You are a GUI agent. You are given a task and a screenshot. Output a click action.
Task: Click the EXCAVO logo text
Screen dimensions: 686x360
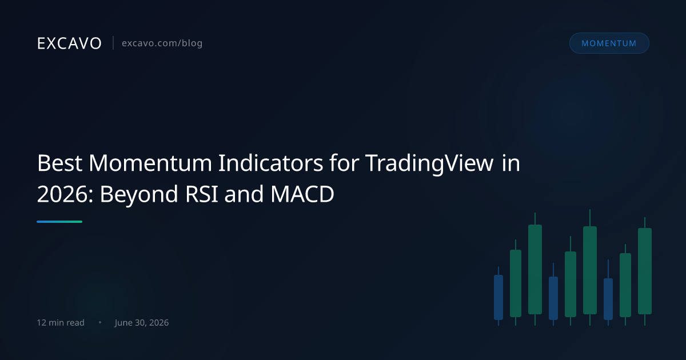tap(69, 43)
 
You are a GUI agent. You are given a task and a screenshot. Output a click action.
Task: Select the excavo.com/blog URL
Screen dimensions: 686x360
tap(162, 43)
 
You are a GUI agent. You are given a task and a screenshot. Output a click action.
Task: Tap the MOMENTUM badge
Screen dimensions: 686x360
tap(609, 43)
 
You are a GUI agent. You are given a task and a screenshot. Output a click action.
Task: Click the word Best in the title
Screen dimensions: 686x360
tap(59, 163)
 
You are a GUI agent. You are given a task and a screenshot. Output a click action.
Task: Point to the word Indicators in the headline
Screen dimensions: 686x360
tap(270, 163)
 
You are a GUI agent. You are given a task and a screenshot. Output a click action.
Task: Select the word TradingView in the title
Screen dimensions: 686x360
tap(429, 164)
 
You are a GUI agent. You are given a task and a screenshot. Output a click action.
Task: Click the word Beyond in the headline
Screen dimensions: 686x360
tap(139, 195)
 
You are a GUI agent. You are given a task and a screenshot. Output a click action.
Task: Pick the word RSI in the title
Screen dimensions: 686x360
tap(201, 194)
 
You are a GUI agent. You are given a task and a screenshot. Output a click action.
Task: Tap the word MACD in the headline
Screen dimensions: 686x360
tap(302, 194)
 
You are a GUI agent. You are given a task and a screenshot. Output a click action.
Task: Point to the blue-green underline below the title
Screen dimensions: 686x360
tap(59, 222)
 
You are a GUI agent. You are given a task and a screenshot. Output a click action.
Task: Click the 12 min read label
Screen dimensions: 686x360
tap(61, 323)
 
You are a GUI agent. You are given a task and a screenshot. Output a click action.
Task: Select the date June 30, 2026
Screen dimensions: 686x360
tap(142, 323)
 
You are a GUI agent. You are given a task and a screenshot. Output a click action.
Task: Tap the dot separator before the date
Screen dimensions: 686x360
tap(100, 322)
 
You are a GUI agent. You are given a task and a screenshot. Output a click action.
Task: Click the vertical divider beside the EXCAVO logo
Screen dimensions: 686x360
tap(113, 43)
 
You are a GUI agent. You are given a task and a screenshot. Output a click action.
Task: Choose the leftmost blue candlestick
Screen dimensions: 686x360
tap(498, 297)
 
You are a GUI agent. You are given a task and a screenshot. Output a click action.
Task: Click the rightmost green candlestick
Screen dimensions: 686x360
tap(645, 271)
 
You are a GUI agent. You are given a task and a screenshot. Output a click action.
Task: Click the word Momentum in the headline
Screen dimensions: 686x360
tap(150, 163)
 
